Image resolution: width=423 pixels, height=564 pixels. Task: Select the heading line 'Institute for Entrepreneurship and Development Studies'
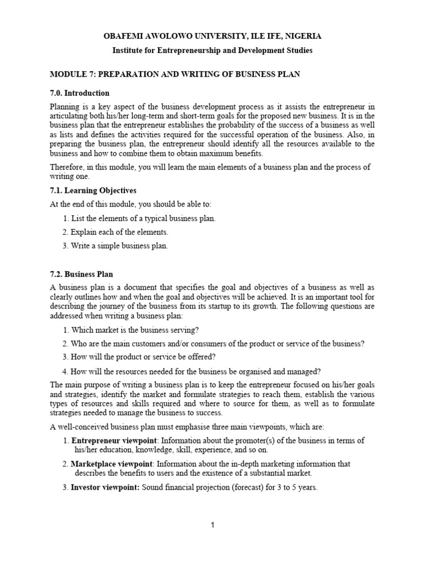click(212, 50)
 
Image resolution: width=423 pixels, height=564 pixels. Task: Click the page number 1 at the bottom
click(213, 525)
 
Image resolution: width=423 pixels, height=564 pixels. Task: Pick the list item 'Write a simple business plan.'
click(119, 246)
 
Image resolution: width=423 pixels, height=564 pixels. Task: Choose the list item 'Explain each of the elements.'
click(119, 232)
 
